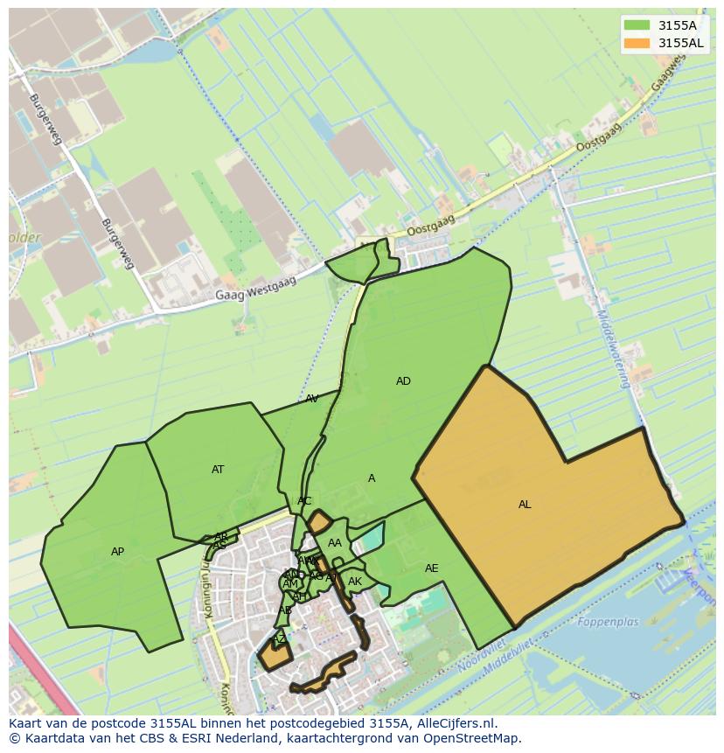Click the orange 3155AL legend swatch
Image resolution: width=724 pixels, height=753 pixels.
pos(637,43)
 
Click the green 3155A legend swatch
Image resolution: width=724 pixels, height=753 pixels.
pos(637,25)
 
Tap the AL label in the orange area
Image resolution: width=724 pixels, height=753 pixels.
pos(525,505)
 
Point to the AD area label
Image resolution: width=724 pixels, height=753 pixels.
pos(403,381)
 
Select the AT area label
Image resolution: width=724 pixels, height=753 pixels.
pos(218,470)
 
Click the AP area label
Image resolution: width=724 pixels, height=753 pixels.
pos(117,552)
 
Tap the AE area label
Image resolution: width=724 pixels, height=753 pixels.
pos(431,568)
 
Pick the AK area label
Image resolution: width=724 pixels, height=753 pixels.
pos(355,582)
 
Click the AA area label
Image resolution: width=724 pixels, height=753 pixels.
pos(334,543)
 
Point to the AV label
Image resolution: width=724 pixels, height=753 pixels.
pos(311,399)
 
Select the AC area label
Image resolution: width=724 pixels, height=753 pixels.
pos(304,501)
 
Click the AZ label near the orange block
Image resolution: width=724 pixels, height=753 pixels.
pos(279,639)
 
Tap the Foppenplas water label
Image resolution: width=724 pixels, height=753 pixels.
pos(608,623)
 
